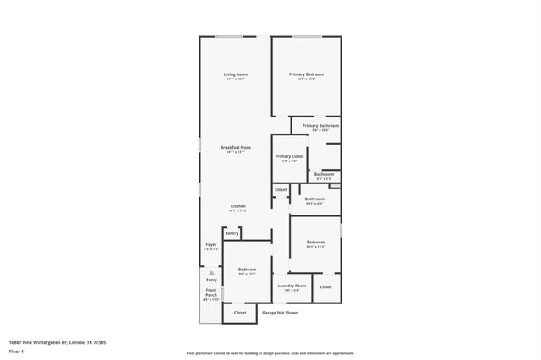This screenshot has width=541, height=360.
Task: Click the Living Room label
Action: tap(235, 74)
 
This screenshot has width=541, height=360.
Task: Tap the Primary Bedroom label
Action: tap(306, 74)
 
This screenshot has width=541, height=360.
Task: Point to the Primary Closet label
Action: tap(289, 156)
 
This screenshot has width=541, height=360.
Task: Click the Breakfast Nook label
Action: tap(235, 148)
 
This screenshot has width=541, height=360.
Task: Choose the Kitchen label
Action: tap(238, 207)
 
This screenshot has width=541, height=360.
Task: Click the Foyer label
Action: tap(211, 245)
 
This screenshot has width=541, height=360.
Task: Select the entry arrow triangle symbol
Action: tap(211, 273)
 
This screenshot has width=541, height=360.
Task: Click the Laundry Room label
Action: tap(292, 286)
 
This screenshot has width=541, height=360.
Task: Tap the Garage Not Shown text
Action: tap(280, 312)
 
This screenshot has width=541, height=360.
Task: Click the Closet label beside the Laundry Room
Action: tap(325, 286)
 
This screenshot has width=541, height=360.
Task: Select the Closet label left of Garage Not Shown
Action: tap(240, 312)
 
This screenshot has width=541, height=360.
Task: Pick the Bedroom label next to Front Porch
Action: tap(247, 270)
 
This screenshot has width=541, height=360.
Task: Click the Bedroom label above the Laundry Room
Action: tap(314, 243)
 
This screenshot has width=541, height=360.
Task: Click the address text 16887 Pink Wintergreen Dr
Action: tap(57, 342)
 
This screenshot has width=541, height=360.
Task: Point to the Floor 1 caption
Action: tap(17, 351)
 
